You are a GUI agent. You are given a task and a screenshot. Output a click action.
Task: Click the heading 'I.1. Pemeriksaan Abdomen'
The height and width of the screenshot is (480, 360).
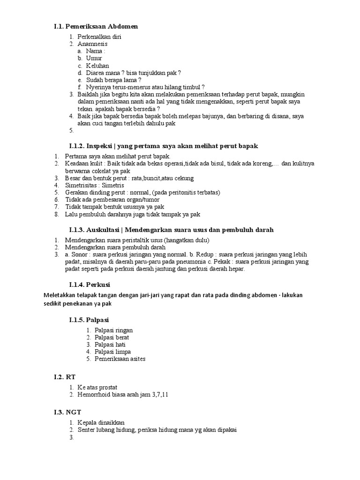(96, 26)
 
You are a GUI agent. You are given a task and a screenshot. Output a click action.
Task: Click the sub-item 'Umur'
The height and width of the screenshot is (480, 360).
(94, 58)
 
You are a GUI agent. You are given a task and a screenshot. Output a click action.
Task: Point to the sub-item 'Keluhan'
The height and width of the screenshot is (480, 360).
(97, 66)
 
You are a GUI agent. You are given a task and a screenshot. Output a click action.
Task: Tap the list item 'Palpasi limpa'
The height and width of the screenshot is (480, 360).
(113, 352)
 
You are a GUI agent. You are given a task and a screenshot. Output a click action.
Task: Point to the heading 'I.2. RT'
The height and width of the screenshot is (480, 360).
(65, 377)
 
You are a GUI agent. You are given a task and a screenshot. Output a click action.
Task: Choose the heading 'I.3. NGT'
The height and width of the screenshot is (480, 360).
(67, 412)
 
